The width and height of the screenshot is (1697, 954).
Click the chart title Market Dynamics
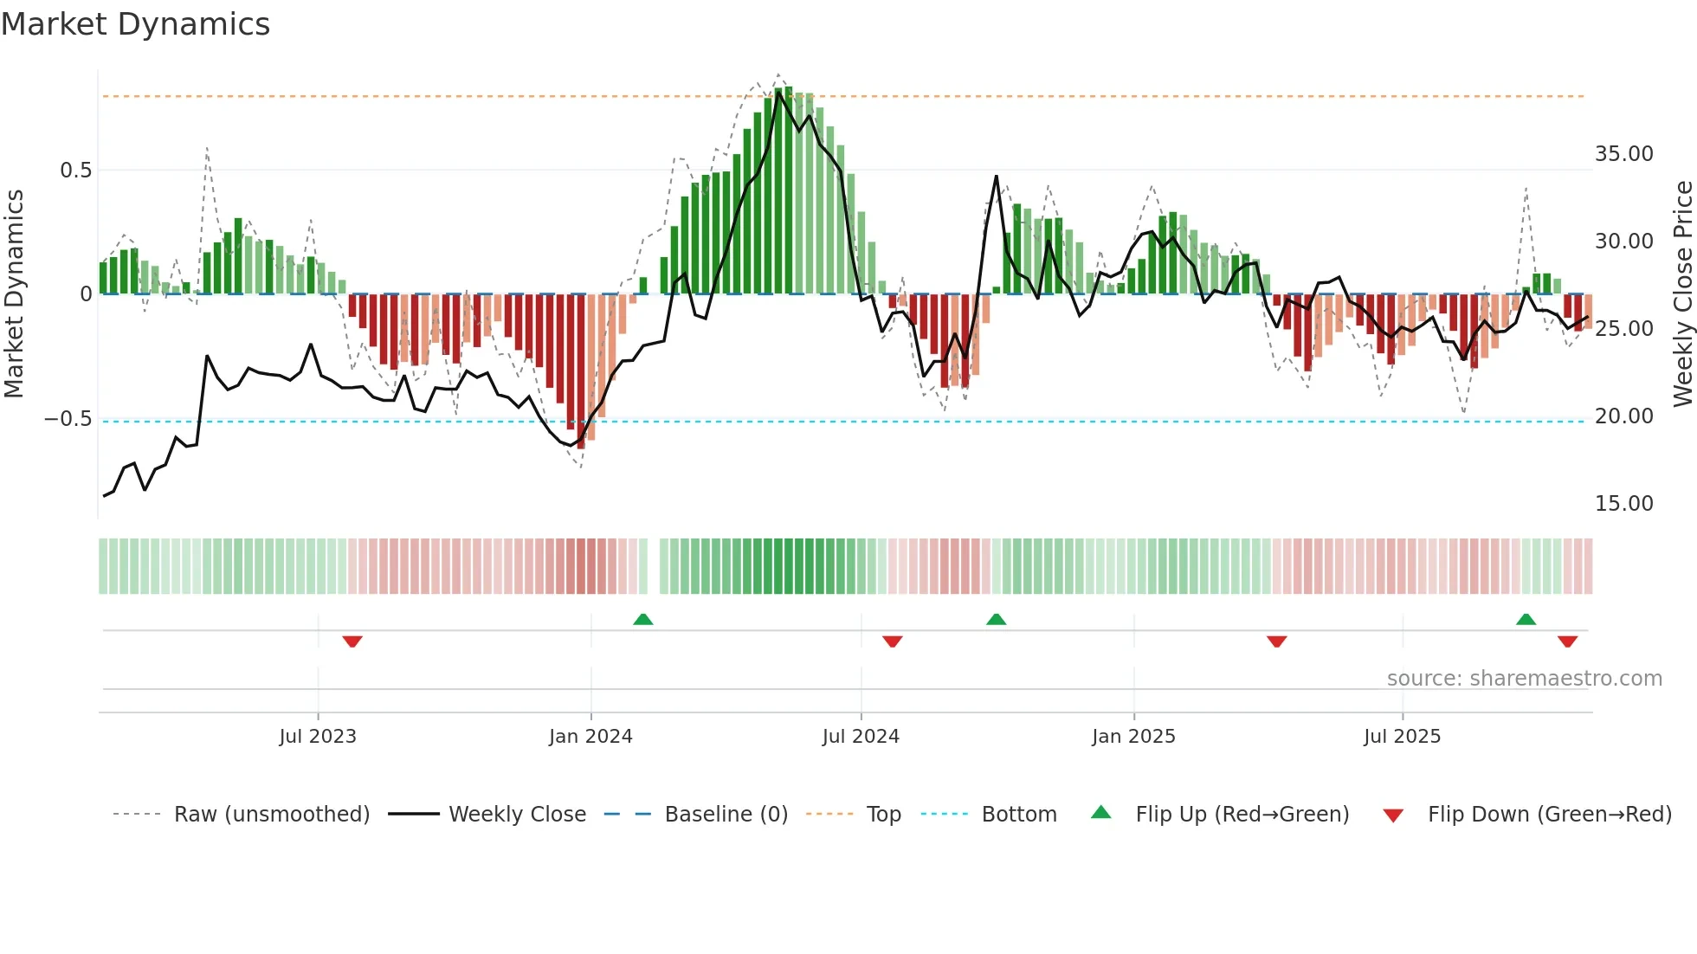point(135,24)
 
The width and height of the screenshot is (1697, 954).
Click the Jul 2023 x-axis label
point(318,737)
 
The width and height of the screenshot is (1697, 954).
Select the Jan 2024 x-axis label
point(590,737)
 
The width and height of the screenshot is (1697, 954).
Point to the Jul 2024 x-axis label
point(861,737)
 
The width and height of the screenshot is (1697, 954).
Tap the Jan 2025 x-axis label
point(1133,737)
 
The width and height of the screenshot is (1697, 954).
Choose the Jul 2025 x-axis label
point(1402,737)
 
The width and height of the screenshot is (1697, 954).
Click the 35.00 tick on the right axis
point(1623,154)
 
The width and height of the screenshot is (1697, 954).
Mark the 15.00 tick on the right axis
point(1623,504)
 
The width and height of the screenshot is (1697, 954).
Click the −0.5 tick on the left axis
point(68,419)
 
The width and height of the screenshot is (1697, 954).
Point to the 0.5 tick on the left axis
point(75,171)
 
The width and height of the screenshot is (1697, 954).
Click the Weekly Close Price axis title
point(1682,293)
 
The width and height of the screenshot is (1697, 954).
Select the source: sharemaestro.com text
point(1524,679)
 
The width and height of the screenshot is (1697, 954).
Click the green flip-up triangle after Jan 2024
point(642,620)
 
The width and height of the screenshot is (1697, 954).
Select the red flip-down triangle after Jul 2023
point(352,641)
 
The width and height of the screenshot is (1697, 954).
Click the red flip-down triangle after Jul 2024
point(892,641)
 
